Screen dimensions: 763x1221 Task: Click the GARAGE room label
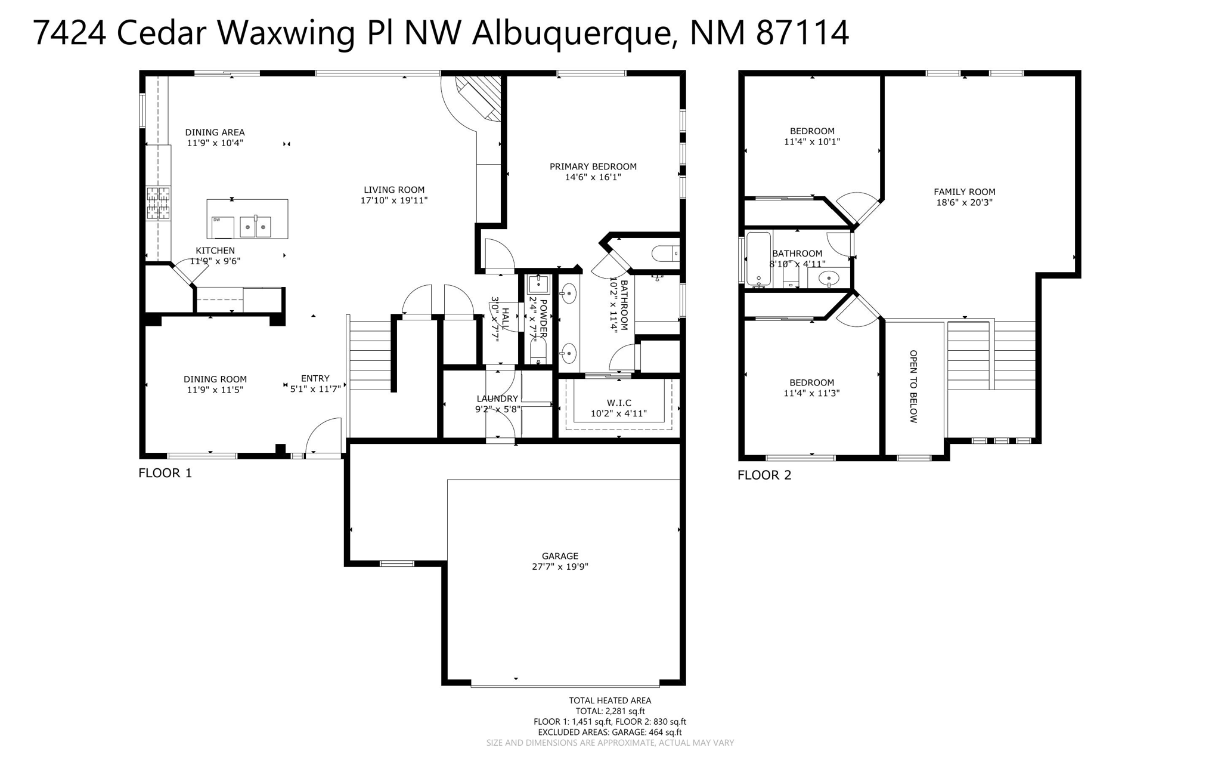560,556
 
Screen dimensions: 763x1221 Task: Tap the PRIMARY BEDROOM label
593,167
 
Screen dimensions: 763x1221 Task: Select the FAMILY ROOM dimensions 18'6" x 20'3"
964,203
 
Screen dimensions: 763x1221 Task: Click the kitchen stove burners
159,203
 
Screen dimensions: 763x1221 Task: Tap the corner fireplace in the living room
477,99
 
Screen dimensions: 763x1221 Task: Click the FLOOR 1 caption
165,474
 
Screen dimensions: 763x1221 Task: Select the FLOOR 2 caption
764,475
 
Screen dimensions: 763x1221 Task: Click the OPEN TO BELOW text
913,387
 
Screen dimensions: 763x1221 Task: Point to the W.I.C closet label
619,403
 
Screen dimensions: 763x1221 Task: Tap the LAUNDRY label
497,399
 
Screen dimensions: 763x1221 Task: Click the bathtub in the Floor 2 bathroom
758,258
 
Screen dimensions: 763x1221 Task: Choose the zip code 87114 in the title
802,33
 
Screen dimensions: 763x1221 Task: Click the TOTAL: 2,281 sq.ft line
610,711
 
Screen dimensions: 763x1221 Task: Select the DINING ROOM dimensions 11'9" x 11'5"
215,390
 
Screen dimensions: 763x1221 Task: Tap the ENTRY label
315,378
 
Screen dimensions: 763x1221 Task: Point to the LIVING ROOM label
394,190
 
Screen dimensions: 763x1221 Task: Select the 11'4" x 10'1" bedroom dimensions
812,142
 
